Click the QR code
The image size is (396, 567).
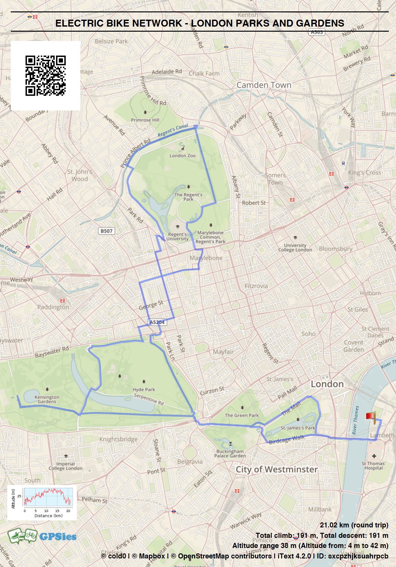pyautogui.click(x=46, y=76)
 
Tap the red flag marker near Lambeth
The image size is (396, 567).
pyautogui.click(x=370, y=417)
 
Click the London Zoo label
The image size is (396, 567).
pyautogui.click(x=183, y=156)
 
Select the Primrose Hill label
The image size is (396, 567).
pyautogui.click(x=145, y=120)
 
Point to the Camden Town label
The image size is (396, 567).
pyautogui.click(x=264, y=85)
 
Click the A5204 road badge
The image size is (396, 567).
pyautogui.click(x=157, y=322)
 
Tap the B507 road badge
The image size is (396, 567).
pyautogui.click(x=106, y=231)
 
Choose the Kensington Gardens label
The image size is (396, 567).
pyautogui.click(x=47, y=399)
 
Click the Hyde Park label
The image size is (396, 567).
pyautogui.click(x=144, y=390)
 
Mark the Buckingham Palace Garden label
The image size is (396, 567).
pyautogui.click(x=230, y=454)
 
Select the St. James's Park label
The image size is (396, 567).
pyautogui.click(x=298, y=428)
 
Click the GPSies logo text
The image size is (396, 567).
pyautogui.click(x=58, y=537)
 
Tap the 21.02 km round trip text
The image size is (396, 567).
pyautogui.click(x=354, y=525)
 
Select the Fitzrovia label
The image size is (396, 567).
pyautogui.click(x=256, y=286)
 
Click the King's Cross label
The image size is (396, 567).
pyautogui.click(x=364, y=173)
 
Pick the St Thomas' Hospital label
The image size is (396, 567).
pyautogui.click(x=374, y=466)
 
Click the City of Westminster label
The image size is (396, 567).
pyautogui.click(x=277, y=469)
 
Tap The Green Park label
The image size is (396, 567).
pyautogui.click(x=242, y=415)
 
